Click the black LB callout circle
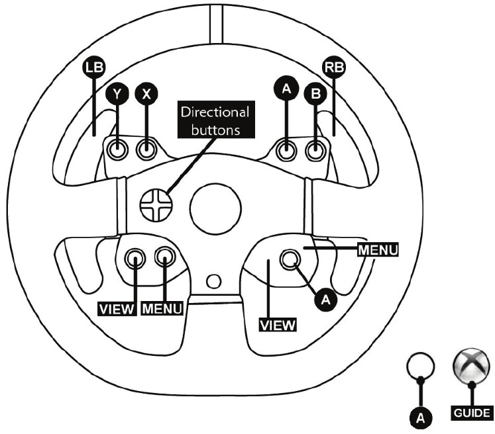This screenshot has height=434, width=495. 93,67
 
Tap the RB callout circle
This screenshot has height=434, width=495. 335,67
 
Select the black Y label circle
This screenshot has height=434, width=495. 117,94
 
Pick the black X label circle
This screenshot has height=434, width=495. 146,94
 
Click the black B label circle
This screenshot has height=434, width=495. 315,94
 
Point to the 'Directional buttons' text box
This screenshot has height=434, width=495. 216,120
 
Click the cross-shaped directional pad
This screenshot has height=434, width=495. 156,205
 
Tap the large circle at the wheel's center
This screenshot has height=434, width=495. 215,209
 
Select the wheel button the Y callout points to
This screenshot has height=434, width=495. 117,149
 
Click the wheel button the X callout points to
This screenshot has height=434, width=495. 146,149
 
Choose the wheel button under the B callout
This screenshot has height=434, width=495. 315,150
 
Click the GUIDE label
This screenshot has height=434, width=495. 472,413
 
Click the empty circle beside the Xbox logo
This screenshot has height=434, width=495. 420,367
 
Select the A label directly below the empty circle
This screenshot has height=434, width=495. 420,418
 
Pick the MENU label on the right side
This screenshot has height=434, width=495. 378,250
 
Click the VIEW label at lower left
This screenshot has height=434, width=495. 117,309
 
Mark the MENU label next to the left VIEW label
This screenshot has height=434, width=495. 162,308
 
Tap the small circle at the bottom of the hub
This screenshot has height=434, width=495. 214,281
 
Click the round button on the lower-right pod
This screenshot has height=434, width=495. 290,260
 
